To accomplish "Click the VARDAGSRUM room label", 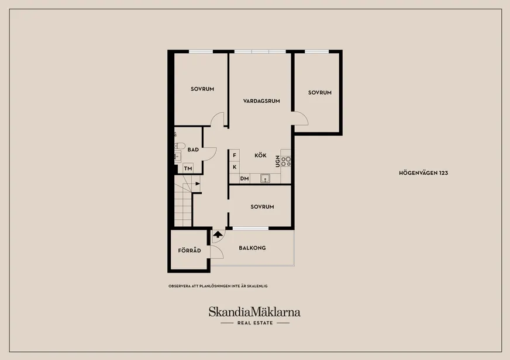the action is click(261, 101).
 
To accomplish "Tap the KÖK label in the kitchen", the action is click(260, 155).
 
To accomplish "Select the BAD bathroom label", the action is click(193, 150).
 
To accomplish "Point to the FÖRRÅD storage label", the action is click(189, 251).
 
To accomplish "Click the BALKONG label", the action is click(252, 248).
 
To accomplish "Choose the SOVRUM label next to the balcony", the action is click(262, 207).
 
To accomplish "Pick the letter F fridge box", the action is click(234, 155).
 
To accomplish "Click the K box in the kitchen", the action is click(234, 167).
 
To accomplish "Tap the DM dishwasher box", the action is click(244, 178).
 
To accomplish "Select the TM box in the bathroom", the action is click(188, 168).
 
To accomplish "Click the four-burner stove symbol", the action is click(286, 161).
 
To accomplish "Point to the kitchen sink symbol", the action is click(265, 178).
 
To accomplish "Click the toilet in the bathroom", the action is click(180, 146).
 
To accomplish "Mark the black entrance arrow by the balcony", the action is click(218, 234).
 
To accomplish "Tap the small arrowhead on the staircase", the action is click(198, 184).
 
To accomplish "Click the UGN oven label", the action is click(277, 161).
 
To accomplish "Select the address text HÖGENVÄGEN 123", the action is click(423, 173).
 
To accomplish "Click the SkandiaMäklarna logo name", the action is click(254, 312).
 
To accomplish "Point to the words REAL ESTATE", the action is click(255, 323).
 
